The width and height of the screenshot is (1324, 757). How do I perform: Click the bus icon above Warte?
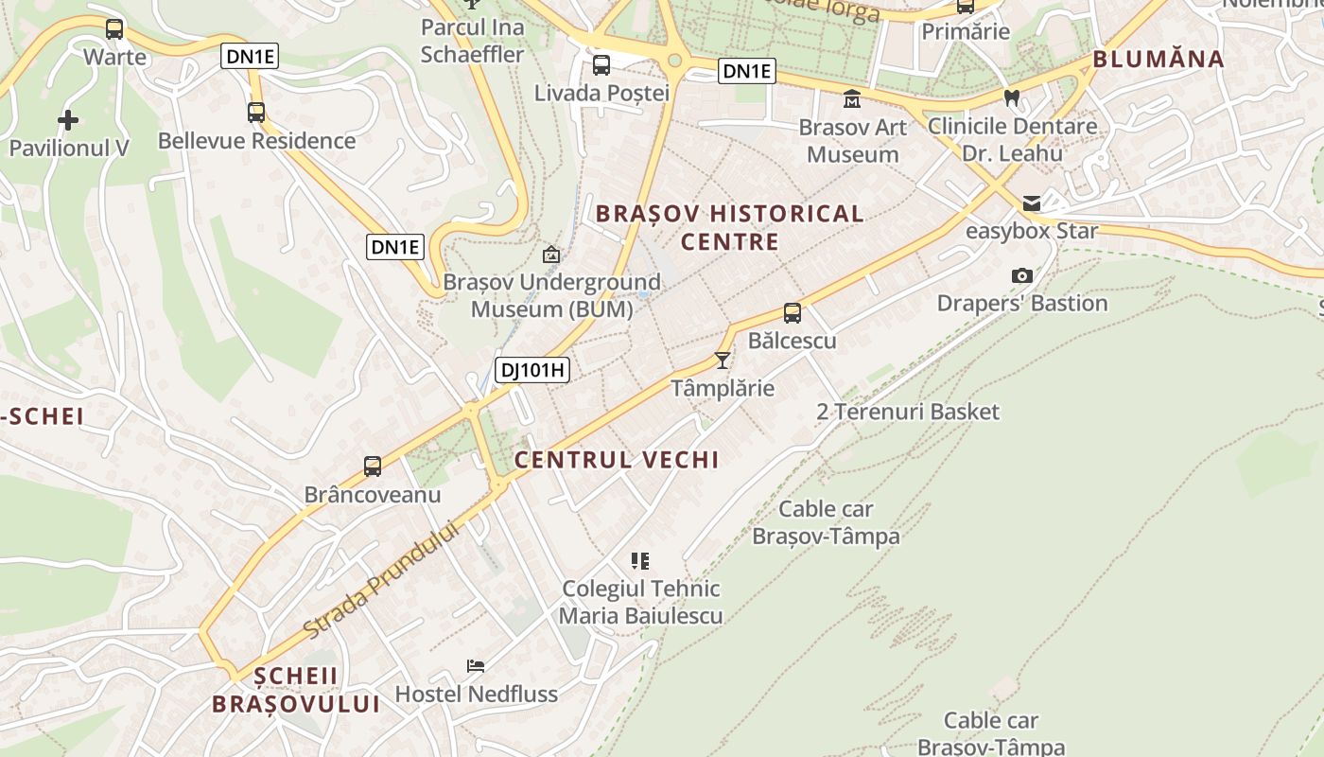(114, 28)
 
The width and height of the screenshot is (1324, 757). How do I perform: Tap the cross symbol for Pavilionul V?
(67, 120)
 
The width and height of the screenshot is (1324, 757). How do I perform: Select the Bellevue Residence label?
(256, 141)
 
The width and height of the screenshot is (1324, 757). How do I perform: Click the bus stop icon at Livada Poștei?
(601, 65)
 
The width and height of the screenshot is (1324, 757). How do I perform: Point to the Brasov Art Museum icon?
(852, 98)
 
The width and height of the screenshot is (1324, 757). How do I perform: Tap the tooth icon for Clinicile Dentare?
(1011, 97)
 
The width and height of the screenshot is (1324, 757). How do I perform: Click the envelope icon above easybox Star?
(1031, 203)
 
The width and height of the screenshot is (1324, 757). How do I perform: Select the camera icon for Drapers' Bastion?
(1021, 275)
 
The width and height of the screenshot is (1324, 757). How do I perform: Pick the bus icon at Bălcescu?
(793, 312)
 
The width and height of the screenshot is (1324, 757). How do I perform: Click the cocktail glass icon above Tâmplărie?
(723, 360)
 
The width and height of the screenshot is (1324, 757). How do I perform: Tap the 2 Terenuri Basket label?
(908, 412)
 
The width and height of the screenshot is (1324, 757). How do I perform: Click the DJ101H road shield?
(532, 370)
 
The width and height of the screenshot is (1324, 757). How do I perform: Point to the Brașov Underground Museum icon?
(550, 254)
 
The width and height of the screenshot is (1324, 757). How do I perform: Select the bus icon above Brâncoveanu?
(373, 466)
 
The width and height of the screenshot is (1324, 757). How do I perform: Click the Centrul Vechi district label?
(617, 460)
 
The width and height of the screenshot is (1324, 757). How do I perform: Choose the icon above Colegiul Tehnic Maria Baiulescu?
(640, 560)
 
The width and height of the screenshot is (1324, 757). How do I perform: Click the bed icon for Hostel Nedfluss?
(476, 666)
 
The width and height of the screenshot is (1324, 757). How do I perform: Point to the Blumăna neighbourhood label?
(1158, 59)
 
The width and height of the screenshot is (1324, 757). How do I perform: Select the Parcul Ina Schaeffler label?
(472, 41)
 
